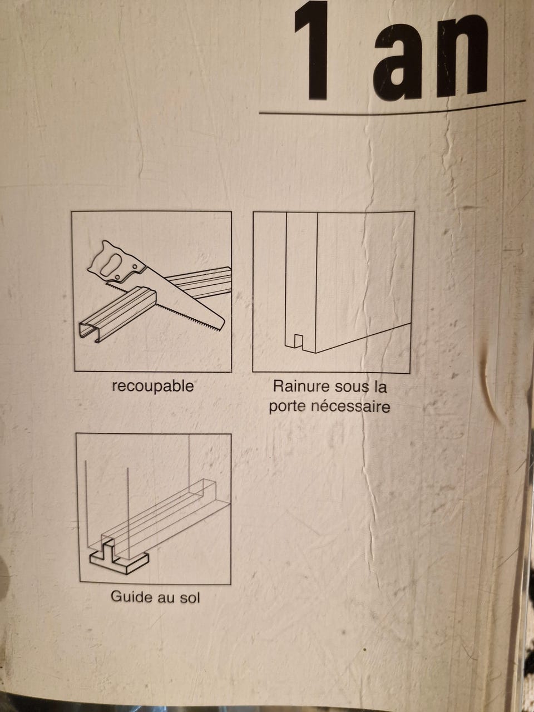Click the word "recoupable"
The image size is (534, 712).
coord(152,387)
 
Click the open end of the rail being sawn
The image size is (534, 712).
coord(88,333)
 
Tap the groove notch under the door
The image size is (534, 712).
coord(299,341)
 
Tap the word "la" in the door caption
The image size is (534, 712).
coord(380,387)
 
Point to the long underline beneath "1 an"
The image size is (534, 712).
coord(392,110)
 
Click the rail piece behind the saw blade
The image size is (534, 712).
coord(199,281)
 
